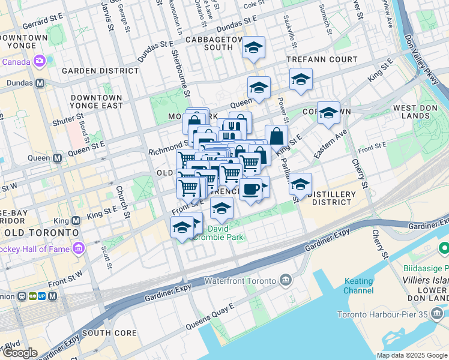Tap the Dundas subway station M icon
click(40, 83)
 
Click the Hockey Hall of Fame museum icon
click(79, 248)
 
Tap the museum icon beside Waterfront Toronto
click(285, 280)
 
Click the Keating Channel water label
click(358, 286)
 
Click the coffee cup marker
click(250, 189)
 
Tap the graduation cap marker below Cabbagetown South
click(254, 48)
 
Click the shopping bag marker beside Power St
click(276, 136)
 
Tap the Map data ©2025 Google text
click(412, 355)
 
